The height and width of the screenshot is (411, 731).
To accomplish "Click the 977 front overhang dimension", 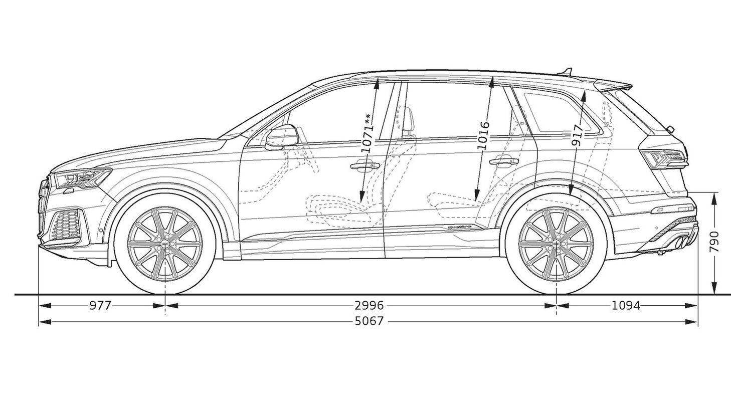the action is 100,306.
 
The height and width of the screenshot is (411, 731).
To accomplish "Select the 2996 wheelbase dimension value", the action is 370,306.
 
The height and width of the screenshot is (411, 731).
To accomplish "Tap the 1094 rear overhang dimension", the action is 626,306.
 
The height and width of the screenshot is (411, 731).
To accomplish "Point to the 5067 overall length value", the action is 370,322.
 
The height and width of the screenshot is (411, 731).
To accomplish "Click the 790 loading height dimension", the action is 714,242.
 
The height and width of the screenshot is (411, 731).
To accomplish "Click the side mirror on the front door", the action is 282,137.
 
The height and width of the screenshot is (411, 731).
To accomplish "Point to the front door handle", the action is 364,165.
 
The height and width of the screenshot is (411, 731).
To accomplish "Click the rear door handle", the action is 504,160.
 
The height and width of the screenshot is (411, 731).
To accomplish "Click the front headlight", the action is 83,178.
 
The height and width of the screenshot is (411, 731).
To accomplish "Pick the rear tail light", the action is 664,159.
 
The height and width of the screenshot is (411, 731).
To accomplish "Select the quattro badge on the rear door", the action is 459,227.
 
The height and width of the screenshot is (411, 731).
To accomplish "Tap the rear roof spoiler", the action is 614,86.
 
